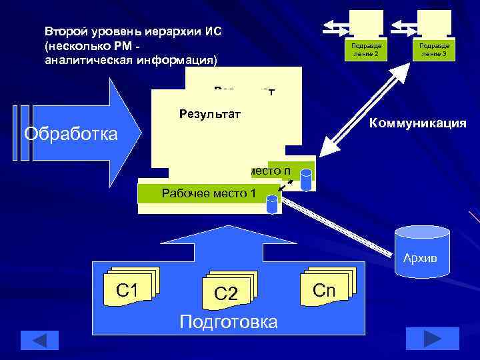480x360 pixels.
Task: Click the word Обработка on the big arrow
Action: point(71,134)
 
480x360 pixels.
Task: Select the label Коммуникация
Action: point(418,124)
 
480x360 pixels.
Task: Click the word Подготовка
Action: point(229,323)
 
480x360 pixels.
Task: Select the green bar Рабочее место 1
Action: point(200,194)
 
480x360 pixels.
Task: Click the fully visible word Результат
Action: point(209,114)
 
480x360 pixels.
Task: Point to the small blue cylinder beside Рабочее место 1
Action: point(272,204)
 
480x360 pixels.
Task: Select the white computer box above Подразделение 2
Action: point(366,22)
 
